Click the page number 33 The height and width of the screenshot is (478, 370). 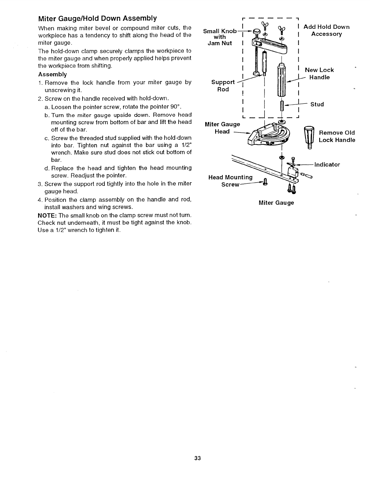197,458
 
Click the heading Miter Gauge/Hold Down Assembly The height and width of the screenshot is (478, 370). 97,19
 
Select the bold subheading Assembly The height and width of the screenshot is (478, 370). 53,74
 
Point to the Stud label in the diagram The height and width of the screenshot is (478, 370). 317,104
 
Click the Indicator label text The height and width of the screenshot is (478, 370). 327,165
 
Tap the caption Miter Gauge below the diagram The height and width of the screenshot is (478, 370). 276,203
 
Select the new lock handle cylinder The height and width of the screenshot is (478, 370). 281,80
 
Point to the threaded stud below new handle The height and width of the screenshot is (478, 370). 282,105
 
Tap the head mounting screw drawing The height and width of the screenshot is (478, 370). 265,183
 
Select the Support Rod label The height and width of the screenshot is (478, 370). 223,86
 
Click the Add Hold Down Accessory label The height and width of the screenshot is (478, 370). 326,30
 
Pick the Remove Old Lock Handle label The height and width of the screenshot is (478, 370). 337,136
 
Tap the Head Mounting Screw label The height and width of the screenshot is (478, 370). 230,181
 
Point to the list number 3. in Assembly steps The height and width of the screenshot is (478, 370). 40,184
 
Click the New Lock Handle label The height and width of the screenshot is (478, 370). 319,74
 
